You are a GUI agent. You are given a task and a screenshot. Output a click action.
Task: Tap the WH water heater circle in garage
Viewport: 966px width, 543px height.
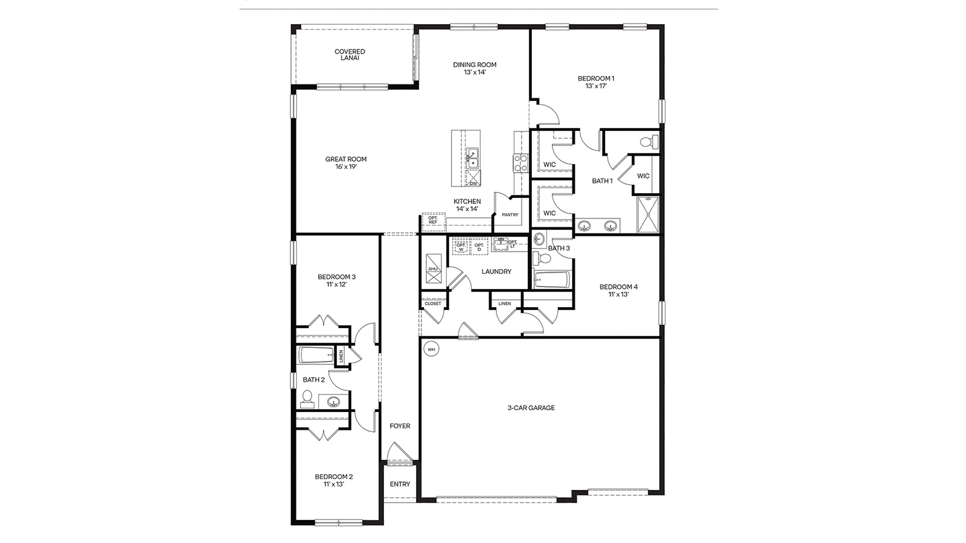tap(431, 349)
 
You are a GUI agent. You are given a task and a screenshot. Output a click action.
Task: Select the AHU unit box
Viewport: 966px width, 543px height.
tap(433, 268)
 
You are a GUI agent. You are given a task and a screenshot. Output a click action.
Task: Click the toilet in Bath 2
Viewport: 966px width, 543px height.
tap(307, 399)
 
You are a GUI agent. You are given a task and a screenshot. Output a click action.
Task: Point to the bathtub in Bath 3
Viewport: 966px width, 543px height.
tap(552, 280)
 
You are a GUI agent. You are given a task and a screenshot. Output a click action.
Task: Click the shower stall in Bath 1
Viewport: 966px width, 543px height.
tap(649, 214)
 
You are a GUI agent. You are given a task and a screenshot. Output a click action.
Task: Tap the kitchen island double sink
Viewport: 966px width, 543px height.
tap(472, 159)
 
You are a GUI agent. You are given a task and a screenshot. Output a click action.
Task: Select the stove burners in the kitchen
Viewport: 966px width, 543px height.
tap(520, 162)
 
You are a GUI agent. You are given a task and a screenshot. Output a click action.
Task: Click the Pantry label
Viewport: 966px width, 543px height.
tap(510, 215)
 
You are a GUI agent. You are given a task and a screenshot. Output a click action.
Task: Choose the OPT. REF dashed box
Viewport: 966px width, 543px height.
tap(433, 221)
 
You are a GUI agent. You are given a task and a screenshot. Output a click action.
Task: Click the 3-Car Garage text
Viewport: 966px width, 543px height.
tap(531, 408)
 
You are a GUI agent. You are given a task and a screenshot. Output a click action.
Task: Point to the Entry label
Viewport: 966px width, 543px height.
tap(400, 484)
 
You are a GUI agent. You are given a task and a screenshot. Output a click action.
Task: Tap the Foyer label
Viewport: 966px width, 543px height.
tap(400, 426)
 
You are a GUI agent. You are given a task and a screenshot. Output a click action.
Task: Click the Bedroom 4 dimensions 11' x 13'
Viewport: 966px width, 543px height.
tap(618, 294)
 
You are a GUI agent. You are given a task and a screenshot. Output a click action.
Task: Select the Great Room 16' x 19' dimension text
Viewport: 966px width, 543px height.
tap(346, 167)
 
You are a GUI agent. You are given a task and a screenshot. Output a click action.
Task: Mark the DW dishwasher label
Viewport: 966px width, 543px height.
tap(473, 183)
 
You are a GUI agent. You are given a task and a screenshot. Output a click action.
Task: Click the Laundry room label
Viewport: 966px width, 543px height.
tap(496, 271)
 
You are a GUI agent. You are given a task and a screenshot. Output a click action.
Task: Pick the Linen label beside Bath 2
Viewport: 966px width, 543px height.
tap(341, 356)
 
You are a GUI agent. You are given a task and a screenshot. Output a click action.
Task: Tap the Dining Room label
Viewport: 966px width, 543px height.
tap(475, 65)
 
